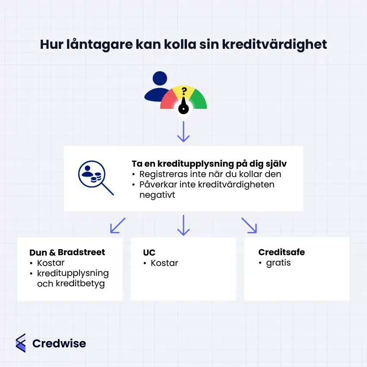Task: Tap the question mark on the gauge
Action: tap(184, 91)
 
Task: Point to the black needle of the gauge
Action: tap(184, 105)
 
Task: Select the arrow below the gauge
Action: tap(183, 132)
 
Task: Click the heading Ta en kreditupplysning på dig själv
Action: tap(209, 164)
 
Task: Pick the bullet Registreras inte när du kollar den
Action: tap(210, 174)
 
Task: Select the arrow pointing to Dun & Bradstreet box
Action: tap(117, 225)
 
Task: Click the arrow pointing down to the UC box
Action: tap(183, 225)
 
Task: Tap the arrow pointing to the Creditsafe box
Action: tap(249, 225)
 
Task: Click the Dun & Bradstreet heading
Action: tap(67, 253)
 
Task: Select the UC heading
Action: tap(149, 253)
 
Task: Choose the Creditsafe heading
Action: tap(282, 252)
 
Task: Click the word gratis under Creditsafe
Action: tap(278, 263)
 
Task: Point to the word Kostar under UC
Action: tap(164, 263)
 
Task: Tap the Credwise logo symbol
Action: tap(20, 343)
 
